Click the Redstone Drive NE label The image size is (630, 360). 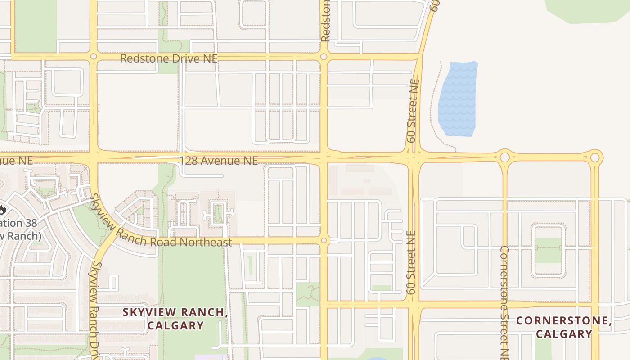coord(169,58)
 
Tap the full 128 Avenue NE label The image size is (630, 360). coord(219,161)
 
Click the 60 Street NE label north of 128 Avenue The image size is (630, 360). coord(413,111)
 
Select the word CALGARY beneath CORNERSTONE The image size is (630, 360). coord(564,334)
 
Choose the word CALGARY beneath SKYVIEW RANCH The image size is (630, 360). coord(175,325)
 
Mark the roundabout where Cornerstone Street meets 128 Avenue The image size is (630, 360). coord(504,157)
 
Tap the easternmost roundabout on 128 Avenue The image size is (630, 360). coord(595,157)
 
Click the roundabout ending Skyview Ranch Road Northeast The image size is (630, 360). coord(324,240)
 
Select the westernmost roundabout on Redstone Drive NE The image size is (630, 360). coord(94,57)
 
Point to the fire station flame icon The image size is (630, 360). coord(2,210)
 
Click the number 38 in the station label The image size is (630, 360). coord(31,223)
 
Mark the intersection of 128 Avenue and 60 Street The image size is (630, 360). coord(413,158)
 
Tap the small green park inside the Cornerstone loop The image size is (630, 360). coord(548,250)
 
